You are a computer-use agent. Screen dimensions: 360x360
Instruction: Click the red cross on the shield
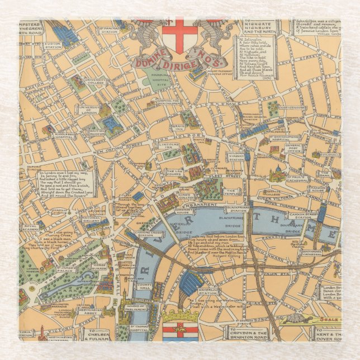pos(179,33)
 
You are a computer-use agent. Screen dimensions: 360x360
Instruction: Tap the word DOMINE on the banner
pos(150,59)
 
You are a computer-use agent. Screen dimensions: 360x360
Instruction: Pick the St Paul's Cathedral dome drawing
pos(278,170)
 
